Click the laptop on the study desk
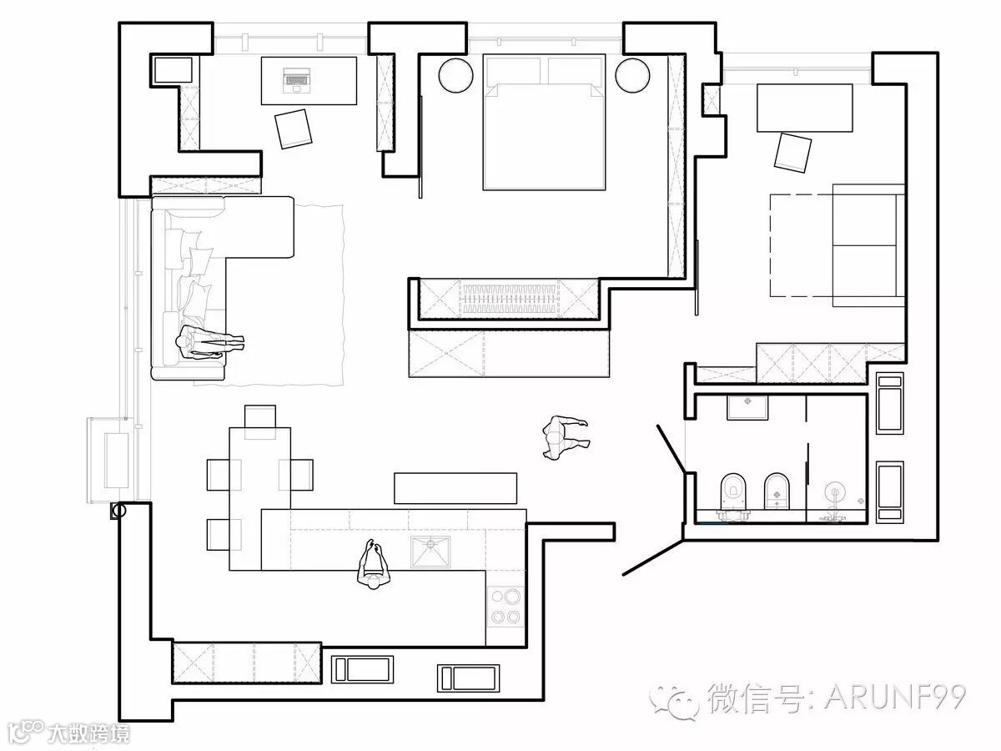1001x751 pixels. (x=295, y=78)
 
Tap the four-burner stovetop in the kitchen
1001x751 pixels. (x=505, y=607)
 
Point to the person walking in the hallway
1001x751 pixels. (x=562, y=436)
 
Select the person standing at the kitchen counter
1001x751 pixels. (x=373, y=564)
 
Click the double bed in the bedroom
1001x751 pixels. (x=543, y=125)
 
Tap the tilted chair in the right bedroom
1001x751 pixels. (x=793, y=152)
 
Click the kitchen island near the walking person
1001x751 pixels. (x=455, y=488)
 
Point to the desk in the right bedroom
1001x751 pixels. (x=805, y=107)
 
